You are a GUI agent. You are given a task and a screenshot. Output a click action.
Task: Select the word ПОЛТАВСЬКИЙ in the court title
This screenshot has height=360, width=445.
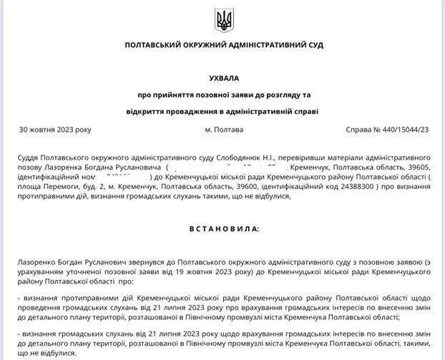[152, 44]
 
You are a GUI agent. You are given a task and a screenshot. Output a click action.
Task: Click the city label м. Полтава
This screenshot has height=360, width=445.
[223, 130]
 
